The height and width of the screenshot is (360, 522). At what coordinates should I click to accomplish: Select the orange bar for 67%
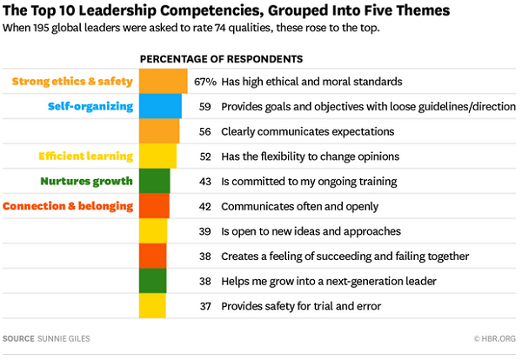(164, 81)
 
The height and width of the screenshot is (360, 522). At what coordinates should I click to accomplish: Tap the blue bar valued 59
(161, 106)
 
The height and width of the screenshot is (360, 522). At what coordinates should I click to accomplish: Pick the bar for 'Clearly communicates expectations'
(159, 131)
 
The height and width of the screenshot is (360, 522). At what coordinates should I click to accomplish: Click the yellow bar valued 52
(157, 157)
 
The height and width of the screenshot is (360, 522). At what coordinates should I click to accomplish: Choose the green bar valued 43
(155, 181)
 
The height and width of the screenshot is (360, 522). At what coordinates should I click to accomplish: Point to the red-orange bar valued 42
(155, 206)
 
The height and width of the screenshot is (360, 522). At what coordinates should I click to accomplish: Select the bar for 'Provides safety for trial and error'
(152, 306)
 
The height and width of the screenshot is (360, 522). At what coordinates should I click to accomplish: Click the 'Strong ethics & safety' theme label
(72, 82)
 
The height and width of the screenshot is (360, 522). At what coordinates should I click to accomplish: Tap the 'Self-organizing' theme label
(90, 106)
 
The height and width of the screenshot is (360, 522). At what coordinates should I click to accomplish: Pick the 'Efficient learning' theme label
(85, 157)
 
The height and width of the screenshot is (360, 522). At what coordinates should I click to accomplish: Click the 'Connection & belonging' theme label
(68, 206)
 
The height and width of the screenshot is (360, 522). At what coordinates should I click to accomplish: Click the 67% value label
(204, 82)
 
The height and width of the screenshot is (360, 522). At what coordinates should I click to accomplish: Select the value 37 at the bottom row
(205, 306)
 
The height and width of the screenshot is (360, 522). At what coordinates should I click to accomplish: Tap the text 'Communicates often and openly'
(299, 206)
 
